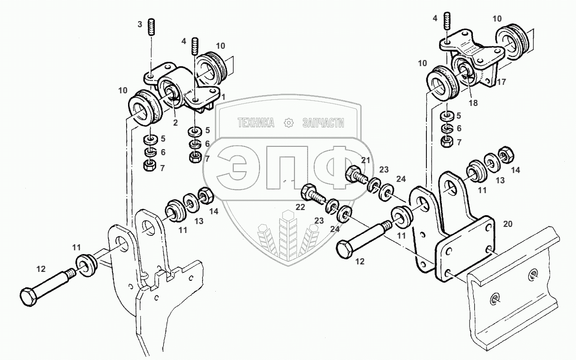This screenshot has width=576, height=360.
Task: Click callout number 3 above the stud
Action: tap(140, 24)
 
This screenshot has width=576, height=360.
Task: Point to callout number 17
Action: tap(501, 82)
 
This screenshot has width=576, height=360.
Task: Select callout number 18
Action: tap(473, 103)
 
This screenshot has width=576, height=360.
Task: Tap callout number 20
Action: tap(508, 224)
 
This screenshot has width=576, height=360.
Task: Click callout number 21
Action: tap(366, 161)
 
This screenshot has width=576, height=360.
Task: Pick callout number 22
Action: tap(300, 207)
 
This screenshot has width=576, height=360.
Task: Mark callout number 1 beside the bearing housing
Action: tap(224, 97)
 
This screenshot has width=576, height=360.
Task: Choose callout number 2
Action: tap(174, 122)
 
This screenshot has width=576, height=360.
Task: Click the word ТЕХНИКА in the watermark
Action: tap(256, 123)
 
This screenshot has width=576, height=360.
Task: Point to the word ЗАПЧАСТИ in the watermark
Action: tap(324, 123)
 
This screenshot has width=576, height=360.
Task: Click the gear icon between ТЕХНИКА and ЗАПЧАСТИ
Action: tap(289, 123)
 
